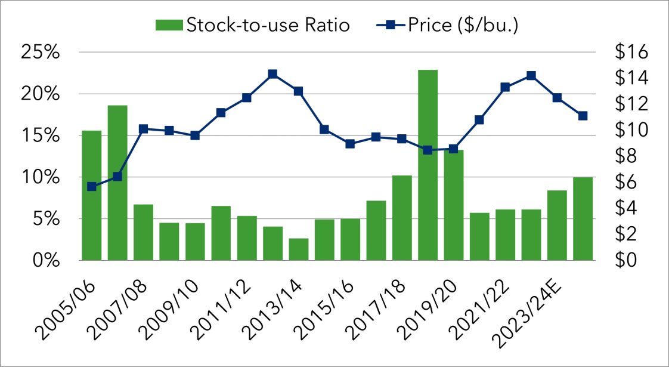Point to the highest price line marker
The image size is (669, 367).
[x=272, y=74]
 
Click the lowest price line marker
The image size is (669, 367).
[x=91, y=187]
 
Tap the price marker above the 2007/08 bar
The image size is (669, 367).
[x=143, y=129]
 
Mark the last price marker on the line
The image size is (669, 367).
[x=583, y=116]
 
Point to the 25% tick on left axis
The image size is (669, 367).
[x=41, y=53]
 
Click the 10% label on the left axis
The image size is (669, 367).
[x=41, y=178]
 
